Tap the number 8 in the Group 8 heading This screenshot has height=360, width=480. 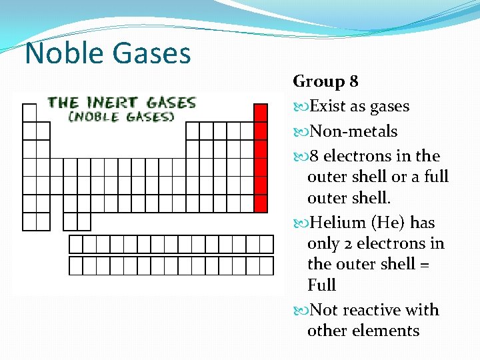pos(353,81)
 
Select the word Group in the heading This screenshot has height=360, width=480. pos(318,82)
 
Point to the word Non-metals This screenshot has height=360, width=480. pos(353,131)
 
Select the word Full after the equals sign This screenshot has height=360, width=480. pos(321,285)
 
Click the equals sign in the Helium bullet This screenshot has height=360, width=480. pos(425,264)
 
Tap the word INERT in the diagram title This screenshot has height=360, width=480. pos(112,103)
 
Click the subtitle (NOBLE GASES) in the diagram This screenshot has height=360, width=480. pos(121,116)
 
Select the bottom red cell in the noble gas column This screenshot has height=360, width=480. pos(261,203)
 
